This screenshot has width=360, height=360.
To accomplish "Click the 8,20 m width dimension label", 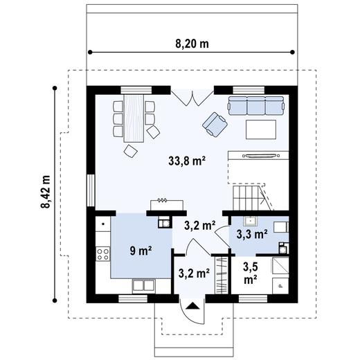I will pos(192,43).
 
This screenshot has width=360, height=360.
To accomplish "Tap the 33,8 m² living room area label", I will pos(189,161).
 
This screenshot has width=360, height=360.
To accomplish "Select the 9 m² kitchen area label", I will pos(141,250).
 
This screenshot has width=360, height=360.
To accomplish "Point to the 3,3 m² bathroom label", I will pos(251,234).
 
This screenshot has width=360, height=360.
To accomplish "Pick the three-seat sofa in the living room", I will pos(256,105).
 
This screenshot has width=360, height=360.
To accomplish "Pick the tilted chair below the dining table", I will pos(129,151).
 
